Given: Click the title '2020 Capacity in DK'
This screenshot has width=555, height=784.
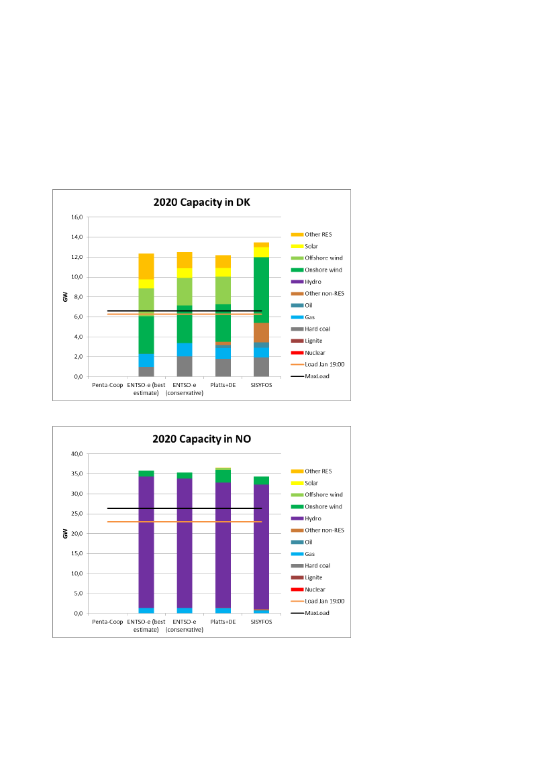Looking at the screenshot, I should [201, 202].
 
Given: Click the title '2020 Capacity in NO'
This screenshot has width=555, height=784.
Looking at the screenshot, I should [201, 439].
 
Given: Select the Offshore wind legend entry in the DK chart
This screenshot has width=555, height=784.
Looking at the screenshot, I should [323, 258].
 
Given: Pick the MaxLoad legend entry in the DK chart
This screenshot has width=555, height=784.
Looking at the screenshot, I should [317, 376].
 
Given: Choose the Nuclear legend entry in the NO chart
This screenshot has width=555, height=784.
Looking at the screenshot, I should [315, 590].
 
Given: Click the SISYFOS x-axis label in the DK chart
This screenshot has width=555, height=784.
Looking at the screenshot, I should [261, 386].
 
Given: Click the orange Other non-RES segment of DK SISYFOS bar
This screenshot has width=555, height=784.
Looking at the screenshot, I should [261, 333].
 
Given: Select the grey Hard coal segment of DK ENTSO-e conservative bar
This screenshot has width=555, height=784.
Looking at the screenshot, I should [185, 366].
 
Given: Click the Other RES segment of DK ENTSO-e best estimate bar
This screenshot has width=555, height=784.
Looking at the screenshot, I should [146, 266].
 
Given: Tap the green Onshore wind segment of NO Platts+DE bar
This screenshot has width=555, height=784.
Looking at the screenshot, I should [223, 476].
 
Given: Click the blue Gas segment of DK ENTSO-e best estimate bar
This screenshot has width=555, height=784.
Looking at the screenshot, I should [146, 360].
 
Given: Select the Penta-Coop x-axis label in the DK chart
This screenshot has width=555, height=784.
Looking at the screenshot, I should [107, 386].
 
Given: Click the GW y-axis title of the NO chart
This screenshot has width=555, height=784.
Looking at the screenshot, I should [65, 534].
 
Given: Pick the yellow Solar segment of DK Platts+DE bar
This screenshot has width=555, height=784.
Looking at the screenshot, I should [223, 272].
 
